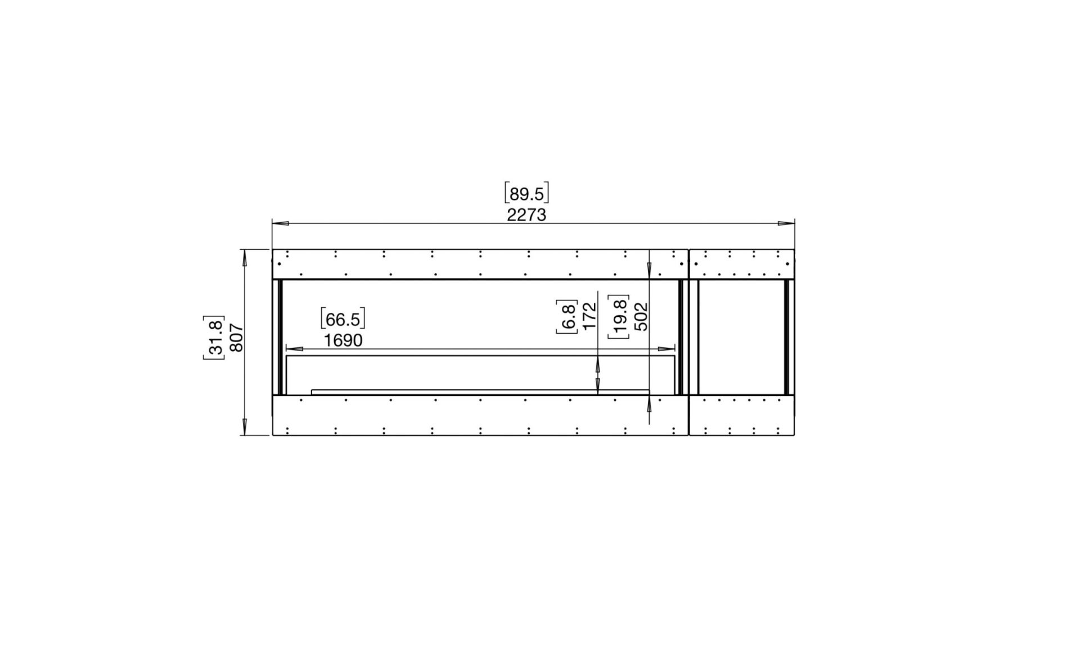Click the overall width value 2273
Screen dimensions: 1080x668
[526, 215]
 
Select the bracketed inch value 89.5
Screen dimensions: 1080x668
[526, 193]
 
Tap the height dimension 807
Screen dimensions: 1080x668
[237, 338]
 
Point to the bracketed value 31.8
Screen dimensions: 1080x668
[214, 337]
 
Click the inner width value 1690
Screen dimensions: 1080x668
[343, 340]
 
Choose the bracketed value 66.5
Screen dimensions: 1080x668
[343, 319]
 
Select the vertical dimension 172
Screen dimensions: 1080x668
[589, 316]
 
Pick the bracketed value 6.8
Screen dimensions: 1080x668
[567, 317]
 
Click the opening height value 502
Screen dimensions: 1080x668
[641, 316]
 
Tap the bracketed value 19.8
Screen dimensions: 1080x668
[619, 317]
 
